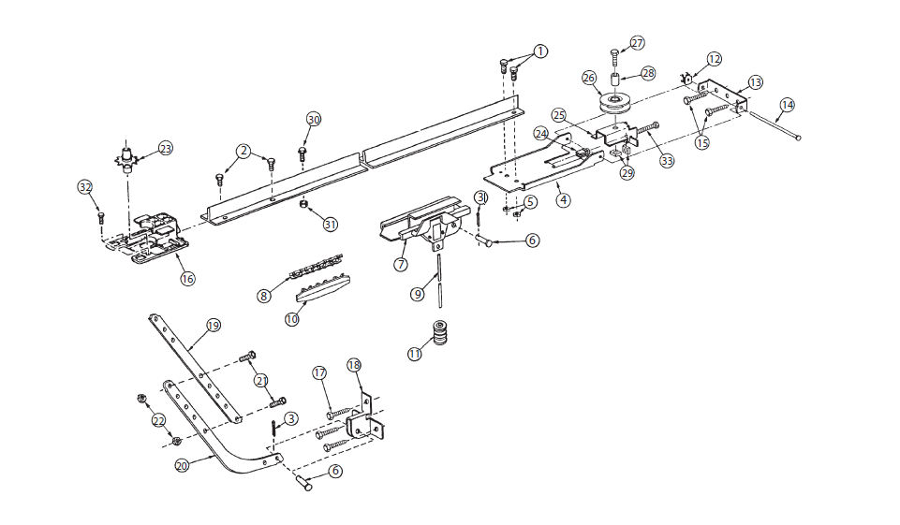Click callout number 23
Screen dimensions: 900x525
pos(166,149)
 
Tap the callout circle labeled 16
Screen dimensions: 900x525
pos(187,278)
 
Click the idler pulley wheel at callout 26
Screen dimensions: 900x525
pos(614,104)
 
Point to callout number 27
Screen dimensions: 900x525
pos(637,43)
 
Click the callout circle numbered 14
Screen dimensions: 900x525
pos(787,105)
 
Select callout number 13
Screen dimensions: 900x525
pos(756,82)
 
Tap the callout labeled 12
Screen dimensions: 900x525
pos(714,59)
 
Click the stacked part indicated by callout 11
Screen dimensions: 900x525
pos(440,332)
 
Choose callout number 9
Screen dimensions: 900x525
pos(418,295)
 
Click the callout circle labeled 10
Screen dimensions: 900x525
pos(292,319)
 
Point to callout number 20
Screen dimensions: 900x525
pos(182,466)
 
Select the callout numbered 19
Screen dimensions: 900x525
pos(213,326)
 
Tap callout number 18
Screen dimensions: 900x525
pos(354,365)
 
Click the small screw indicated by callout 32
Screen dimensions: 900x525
pos(101,217)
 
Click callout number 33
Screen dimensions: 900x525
pos(667,161)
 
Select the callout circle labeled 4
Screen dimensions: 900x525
pos(564,200)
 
